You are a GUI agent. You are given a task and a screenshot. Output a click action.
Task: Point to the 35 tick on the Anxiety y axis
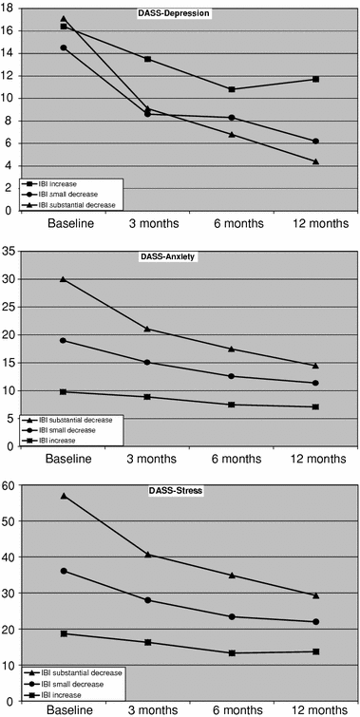tap(11, 252)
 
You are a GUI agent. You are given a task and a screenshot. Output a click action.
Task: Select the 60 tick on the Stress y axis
tap(11, 486)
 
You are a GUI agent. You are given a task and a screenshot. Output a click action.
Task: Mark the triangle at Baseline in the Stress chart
tap(64, 496)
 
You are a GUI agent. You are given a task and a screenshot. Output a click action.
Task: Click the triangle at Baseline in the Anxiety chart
tap(64, 279)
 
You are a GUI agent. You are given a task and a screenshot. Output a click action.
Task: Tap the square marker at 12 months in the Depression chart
tap(315, 79)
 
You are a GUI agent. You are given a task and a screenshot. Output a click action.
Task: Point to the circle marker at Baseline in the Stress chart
tap(64, 571)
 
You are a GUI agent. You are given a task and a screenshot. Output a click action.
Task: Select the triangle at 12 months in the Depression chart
tap(315, 161)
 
